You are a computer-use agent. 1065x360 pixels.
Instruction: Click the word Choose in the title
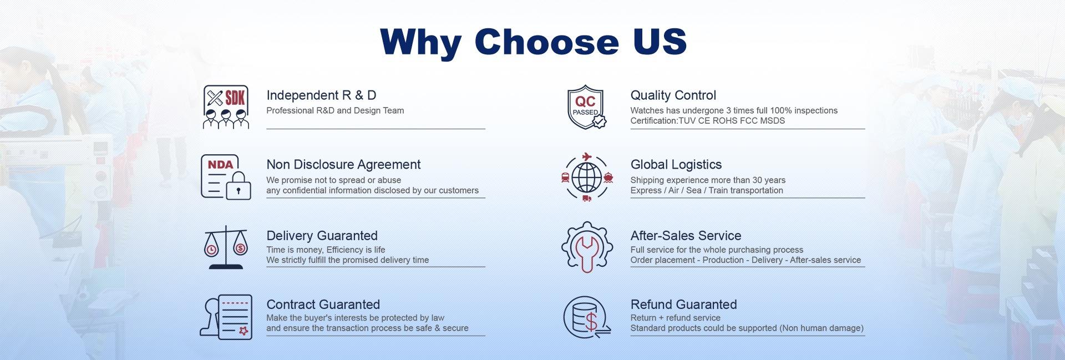[546, 41]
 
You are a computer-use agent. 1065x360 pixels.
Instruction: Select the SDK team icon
[225, 107]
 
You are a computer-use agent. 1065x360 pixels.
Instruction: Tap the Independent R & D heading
[321, 95]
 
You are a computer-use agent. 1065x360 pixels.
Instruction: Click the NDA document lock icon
[226, 177]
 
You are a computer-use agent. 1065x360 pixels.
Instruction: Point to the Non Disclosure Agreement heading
[343, 165]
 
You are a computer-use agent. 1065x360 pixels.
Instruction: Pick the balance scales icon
[226, 247]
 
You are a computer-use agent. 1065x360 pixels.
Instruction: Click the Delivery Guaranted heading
[322, 236]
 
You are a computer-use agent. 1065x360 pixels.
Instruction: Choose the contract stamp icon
[226, 317]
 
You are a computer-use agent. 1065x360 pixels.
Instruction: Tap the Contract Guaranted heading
[323, 305]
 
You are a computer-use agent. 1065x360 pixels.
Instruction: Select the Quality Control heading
[673, 95]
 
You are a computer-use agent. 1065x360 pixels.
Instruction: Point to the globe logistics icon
[586, 177]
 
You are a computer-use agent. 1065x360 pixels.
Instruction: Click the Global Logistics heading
[676, 165]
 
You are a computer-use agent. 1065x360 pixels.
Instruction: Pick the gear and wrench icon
[586, 247]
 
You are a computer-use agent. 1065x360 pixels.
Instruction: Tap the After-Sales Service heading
[686, 236]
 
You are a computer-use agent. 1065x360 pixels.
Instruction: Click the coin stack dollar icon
[586, 317]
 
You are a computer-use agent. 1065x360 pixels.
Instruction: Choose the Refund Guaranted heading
[683, 305]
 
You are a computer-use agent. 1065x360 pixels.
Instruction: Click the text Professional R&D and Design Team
[335, 110]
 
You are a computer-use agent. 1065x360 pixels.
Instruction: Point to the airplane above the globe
[586, 156]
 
